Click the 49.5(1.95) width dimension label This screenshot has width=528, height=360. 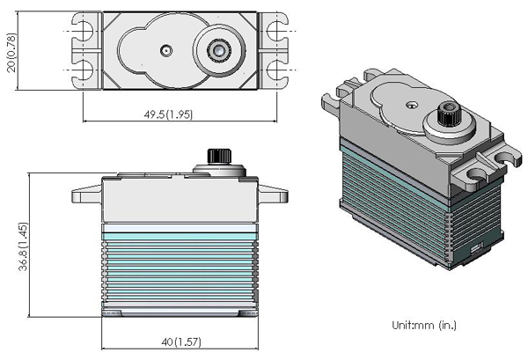point(168,114)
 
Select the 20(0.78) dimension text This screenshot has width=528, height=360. point(11,53)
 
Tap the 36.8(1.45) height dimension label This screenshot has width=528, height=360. point(23,246)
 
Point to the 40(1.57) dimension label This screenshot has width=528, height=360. point(181,342)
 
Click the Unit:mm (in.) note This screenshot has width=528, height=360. point(424,325)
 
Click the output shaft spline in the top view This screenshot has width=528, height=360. point(219,50)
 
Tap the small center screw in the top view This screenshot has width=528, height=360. point(166,50)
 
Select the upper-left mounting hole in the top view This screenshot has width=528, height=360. point(84,31)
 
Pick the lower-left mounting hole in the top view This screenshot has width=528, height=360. point(84,70)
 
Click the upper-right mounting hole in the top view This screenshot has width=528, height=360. point(276,31)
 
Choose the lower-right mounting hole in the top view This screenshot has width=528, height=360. point(276,70)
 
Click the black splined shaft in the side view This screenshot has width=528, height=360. point(219,157)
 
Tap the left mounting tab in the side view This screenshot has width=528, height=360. point(86,195)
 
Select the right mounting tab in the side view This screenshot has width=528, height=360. point(273,195)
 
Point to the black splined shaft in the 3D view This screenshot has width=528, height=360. point(449,114)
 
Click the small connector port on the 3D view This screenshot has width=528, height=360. point(476,248)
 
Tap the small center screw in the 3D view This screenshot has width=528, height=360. point(411,106)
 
